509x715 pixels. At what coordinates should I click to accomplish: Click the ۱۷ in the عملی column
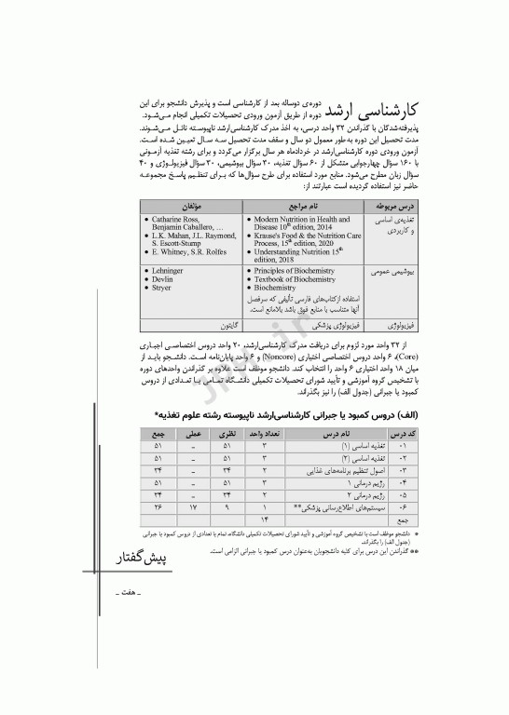point(193,507)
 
